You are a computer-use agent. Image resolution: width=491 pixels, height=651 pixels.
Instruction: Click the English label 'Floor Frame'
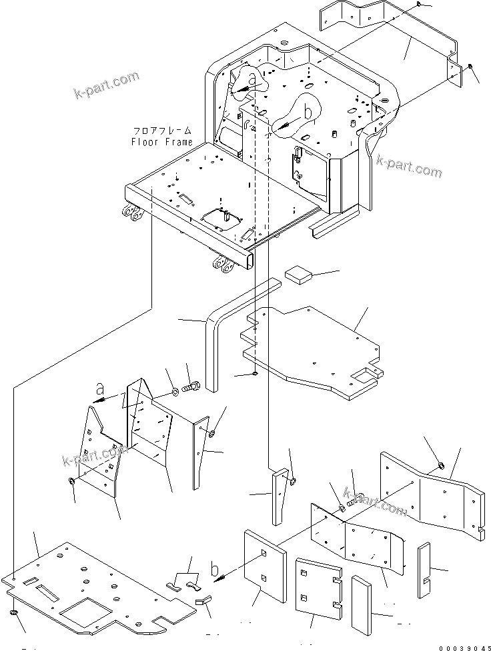point(161,142)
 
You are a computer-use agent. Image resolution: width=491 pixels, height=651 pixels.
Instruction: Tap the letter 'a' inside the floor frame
point(252,81)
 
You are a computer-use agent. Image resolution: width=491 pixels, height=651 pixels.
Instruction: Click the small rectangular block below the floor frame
point(299,274)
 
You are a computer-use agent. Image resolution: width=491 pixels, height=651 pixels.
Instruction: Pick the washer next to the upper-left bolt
point(174,390)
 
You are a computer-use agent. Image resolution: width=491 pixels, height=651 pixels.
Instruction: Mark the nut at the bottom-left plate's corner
point(13,612)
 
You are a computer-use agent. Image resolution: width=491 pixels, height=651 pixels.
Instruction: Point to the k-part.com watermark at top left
point(106,86)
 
